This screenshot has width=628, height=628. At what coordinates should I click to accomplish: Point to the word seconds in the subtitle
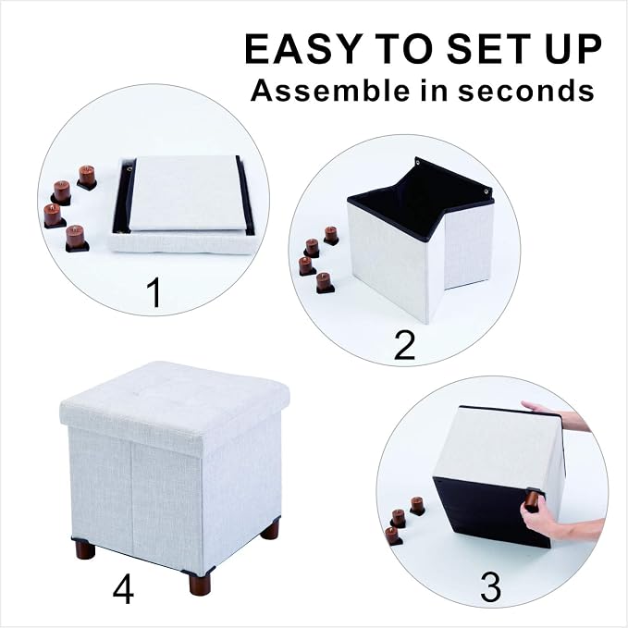click(526, 91)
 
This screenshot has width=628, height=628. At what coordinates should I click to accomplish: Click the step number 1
click(154, 292)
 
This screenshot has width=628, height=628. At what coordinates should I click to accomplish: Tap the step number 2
click(404, 345)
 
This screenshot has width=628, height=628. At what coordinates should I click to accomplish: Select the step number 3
click(490, 587)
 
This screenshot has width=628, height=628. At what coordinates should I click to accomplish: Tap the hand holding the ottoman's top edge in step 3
click(557, 414)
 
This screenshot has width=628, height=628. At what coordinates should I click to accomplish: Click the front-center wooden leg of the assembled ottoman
click(201, 583)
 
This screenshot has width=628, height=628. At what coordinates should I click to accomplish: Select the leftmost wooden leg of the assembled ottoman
click(85, 549)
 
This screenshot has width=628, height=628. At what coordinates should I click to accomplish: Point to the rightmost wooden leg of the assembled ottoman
click(269, 529)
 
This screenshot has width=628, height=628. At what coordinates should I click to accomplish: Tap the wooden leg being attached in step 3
click(533, 499)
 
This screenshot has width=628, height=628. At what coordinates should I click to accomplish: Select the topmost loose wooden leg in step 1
click(87, 177)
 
